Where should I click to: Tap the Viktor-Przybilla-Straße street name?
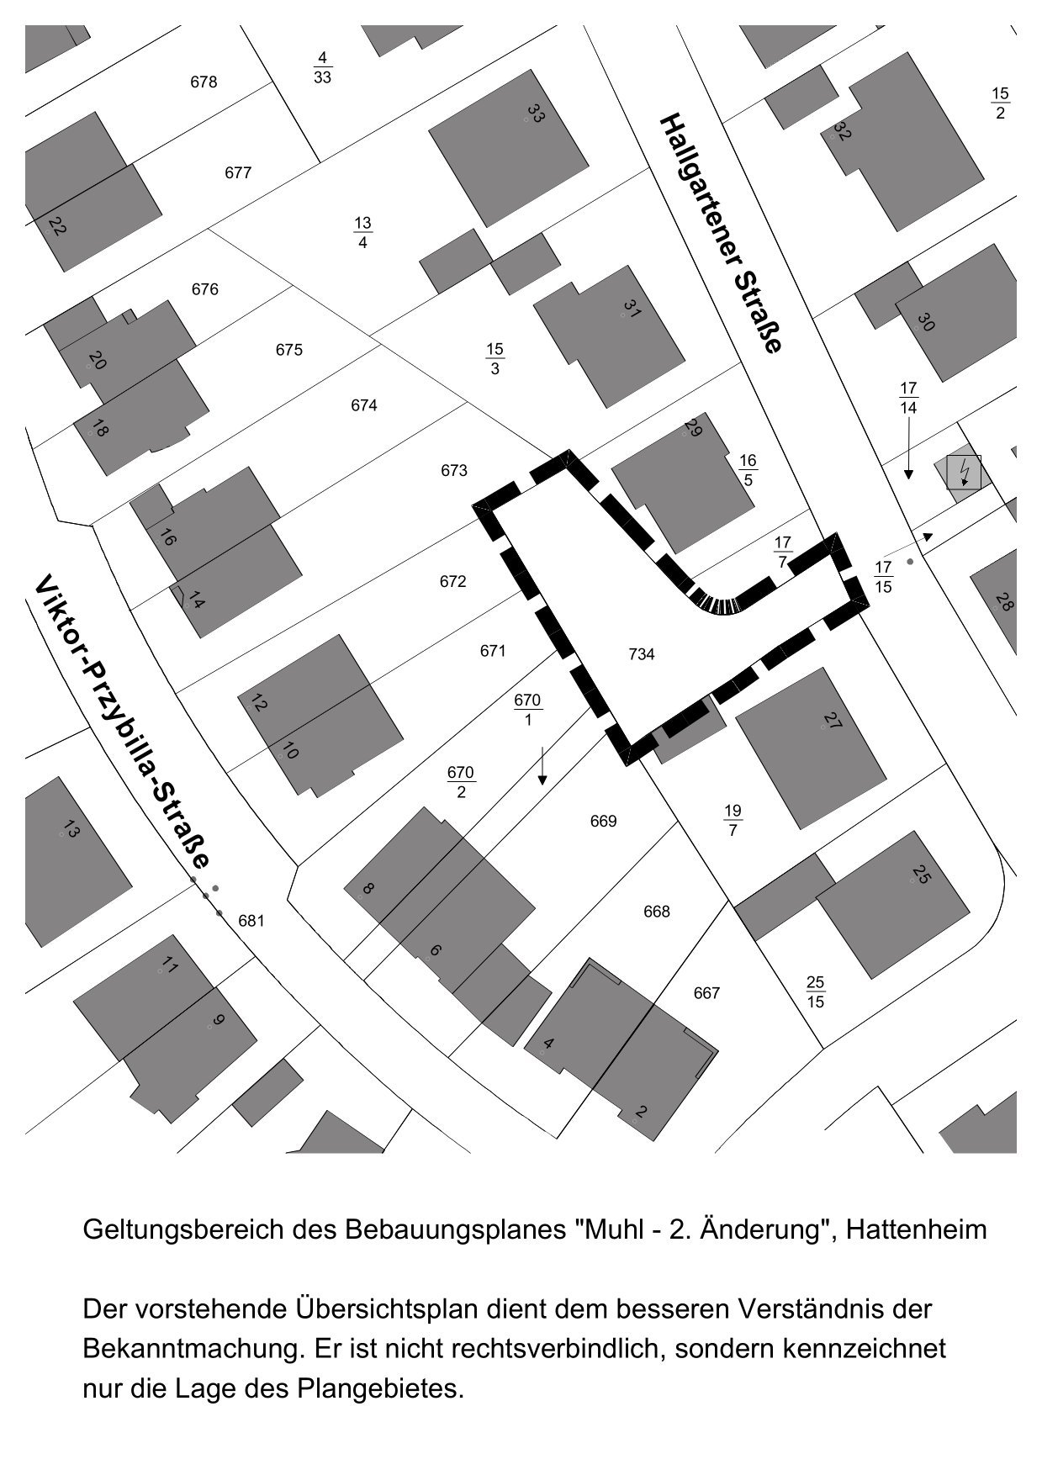121,724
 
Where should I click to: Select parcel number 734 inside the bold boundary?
642,654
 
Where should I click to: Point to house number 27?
832,721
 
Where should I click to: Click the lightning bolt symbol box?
964,472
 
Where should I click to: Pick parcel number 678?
204,82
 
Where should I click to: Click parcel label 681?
251,921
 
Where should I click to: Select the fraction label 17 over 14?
908,398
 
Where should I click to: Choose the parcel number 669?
604,822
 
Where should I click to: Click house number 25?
922,875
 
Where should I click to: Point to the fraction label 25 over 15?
815,991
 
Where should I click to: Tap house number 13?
71,831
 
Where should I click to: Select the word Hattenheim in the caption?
916,1230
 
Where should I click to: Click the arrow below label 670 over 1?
542,764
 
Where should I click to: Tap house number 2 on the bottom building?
641,1112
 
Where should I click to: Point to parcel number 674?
364,406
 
